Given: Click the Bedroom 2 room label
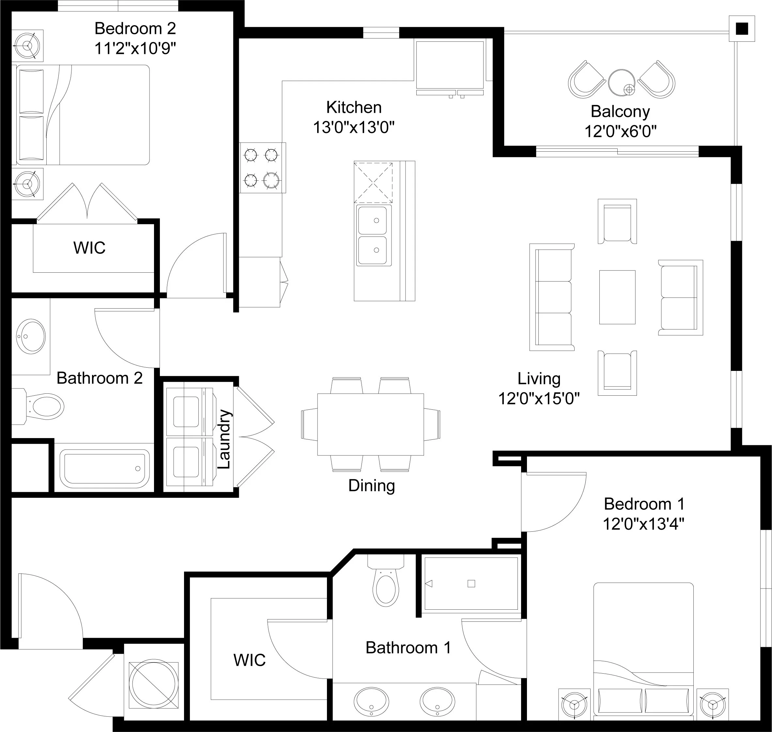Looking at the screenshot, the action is coord(135,28).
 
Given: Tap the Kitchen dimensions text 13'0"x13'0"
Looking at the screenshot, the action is coord(354,127).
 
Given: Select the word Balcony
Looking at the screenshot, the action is coord(620,112).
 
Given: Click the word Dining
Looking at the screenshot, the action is coord(372,486).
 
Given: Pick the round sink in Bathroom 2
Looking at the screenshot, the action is coord(31,336).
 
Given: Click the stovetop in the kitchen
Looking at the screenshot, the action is coord(262,168).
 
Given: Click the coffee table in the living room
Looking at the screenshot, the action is coord(617,297).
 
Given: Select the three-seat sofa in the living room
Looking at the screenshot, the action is coord(552,297).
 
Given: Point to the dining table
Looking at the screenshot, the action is coord(370,424).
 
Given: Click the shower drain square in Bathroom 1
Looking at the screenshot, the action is coord(471,584).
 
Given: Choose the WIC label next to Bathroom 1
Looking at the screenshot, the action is coord(249,660).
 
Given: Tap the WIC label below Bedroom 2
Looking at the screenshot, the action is coord(89,248).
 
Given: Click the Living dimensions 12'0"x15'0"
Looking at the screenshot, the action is coord(539,399).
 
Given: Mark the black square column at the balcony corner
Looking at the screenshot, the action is coord(742,28).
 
